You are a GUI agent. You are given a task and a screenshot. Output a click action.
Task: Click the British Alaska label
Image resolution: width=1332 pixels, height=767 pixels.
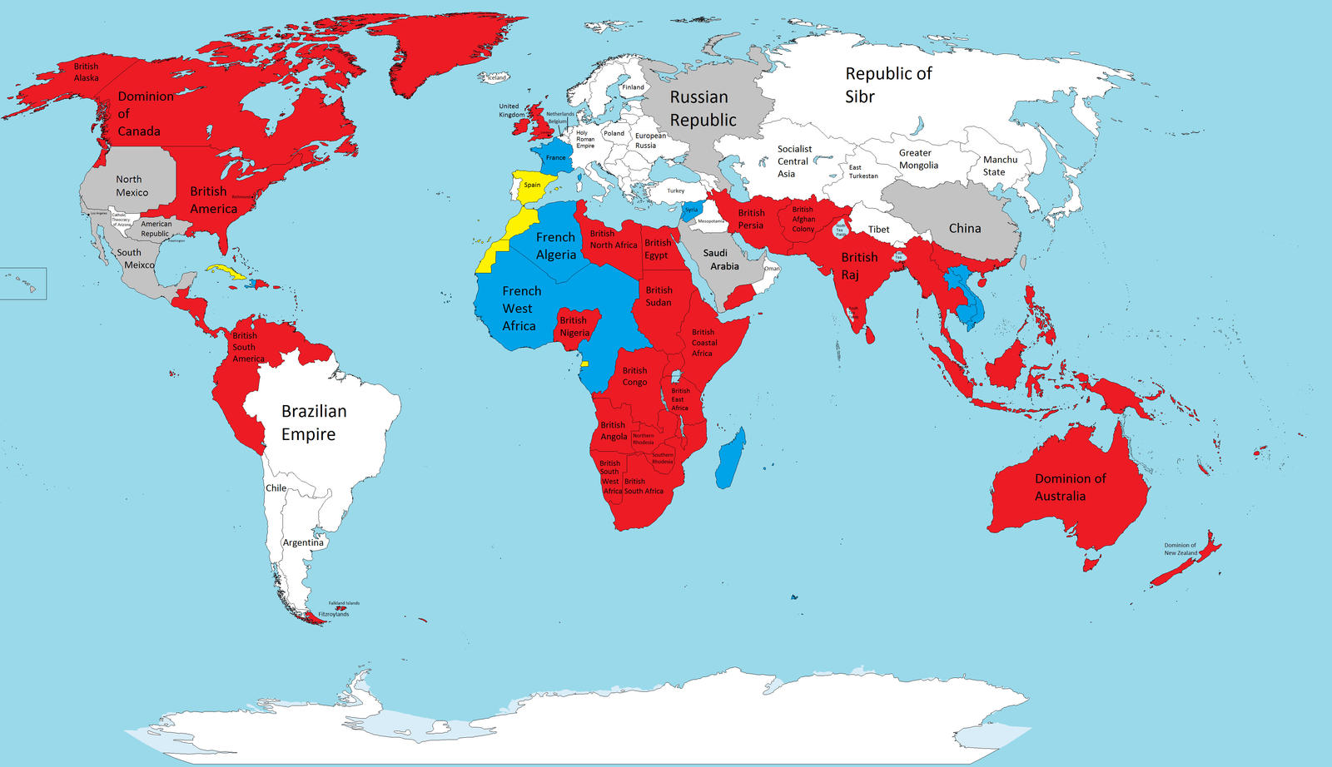click(x=86, y=72)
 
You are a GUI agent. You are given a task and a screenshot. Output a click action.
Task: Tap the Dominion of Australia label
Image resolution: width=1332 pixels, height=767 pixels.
click(x=1069, y=487)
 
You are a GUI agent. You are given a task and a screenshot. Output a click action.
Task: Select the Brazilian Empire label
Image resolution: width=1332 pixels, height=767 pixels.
click(x=313, y=423)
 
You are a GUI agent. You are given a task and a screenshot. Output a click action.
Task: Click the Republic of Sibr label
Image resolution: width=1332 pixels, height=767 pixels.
click(x=887, y=85)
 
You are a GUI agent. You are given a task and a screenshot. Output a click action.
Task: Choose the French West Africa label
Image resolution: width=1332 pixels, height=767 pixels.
click(x=521, y=308)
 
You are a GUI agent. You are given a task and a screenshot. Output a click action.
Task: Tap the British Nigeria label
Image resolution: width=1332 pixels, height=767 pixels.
click(x=574, y=326)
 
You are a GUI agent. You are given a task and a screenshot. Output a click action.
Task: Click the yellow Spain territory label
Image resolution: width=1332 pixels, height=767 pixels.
click(x=532, y=186)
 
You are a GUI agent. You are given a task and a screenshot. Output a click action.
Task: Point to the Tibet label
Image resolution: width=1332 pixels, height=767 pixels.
click(x=878, y=230)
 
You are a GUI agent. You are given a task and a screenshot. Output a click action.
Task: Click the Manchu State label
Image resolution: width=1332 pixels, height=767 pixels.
click(x=999, y=166)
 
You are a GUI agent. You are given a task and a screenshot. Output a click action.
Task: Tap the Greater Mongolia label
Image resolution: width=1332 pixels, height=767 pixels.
click(x=917, y=159)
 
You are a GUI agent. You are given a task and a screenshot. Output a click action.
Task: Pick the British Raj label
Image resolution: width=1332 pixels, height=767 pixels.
click(x=858, y=265)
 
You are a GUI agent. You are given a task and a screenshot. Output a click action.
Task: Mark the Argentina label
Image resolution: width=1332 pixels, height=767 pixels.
click(x=303, y=542)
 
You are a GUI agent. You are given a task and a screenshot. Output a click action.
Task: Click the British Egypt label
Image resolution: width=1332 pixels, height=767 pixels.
click(x=657, y=249)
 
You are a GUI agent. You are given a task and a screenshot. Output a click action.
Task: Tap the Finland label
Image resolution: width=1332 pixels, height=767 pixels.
click(x=633, y=87)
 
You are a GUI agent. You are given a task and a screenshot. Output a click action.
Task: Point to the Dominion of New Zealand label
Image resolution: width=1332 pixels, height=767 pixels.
click(x=1180, y=549)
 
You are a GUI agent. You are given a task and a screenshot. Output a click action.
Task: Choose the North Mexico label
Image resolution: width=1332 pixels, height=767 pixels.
click(x=132, y=186)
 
